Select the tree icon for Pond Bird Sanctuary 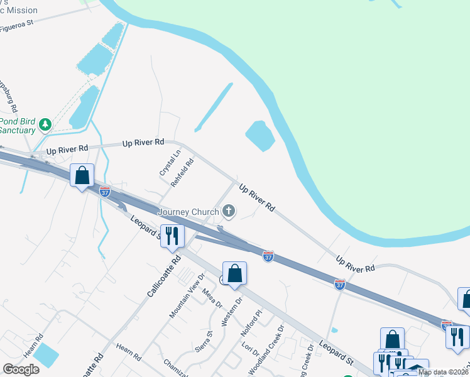point(45,124)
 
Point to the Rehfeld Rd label point(182,172)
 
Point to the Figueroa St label point(25,25)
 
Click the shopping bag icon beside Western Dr point(234,273)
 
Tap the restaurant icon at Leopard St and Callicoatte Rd point(172,236)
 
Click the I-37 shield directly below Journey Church point(268,256)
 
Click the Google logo point(21,369)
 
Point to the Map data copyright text point(444,372)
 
